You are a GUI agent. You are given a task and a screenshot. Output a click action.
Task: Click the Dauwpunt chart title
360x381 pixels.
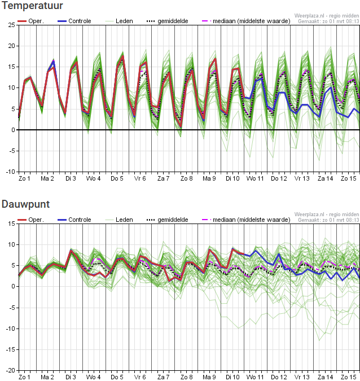[25, 204]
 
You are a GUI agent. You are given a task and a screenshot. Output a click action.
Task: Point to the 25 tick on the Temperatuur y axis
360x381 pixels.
[11, 25]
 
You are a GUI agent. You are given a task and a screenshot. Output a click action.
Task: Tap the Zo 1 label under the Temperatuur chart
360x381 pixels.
[25, 178]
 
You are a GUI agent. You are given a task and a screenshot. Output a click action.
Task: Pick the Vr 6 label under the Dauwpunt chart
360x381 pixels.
[140, 377]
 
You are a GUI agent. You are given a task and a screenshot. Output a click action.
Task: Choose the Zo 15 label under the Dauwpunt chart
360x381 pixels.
[348, 377]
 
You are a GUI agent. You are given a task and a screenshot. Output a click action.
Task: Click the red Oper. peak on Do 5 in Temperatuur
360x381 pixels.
[122, 56]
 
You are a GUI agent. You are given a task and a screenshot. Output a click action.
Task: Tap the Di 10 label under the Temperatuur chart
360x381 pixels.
[232, 178]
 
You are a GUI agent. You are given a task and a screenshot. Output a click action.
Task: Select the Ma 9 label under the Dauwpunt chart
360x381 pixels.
[209, 377]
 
